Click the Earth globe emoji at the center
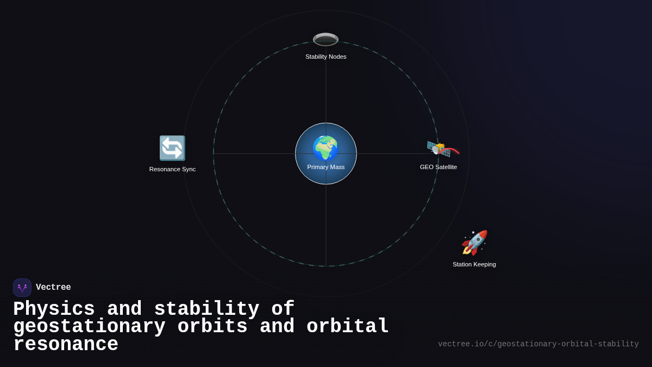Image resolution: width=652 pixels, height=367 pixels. tap(325, 148)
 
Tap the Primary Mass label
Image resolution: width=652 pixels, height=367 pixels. tap(326, 167)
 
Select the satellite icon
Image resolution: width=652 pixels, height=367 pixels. tap(440, 148)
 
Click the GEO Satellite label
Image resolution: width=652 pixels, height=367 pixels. tap(438, 167)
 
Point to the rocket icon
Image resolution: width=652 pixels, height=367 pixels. tap(474, 242)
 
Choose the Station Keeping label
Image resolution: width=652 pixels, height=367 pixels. tap(474, 264)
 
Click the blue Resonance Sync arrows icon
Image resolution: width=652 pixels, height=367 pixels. tap(172, 148)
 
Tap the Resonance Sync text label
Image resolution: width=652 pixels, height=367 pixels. tap(172, 169)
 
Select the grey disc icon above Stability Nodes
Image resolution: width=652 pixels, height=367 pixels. tap(325, 39)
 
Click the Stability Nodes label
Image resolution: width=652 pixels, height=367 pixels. tap(325, 57)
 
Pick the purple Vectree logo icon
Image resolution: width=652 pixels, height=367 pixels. tap(22, 288)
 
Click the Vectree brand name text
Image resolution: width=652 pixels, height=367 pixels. tap(53, 288)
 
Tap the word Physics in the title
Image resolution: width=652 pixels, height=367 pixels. tap(54, 309)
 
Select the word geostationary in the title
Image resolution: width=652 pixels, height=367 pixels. tap(89, 327)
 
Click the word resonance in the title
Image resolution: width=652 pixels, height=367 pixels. tap(66, 345)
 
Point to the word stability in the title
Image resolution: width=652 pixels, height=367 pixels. tap(206, 309)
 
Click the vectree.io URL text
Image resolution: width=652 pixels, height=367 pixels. tap(538, 344)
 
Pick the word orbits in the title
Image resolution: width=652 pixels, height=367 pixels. tap(212, 327)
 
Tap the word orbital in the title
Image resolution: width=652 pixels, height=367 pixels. tap(348, 327)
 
